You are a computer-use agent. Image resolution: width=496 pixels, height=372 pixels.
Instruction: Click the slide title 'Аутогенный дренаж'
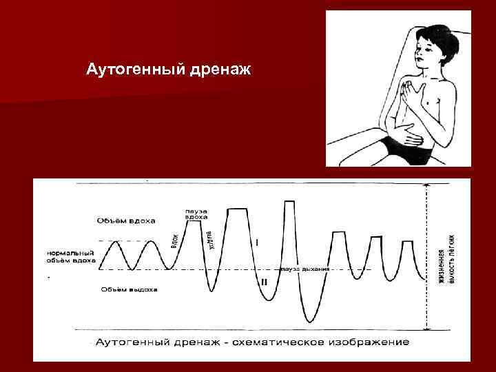169,70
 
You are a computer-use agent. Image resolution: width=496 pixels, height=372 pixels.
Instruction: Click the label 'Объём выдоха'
128,289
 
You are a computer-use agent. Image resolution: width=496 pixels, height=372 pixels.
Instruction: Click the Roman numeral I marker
257,242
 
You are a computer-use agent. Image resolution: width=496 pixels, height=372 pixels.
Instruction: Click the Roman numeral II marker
264,282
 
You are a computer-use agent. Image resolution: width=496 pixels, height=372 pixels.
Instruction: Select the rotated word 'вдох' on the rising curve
175,241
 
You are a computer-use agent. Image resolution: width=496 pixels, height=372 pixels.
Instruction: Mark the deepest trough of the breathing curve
308,320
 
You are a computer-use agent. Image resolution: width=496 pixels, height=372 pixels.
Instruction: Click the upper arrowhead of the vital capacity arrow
427,187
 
